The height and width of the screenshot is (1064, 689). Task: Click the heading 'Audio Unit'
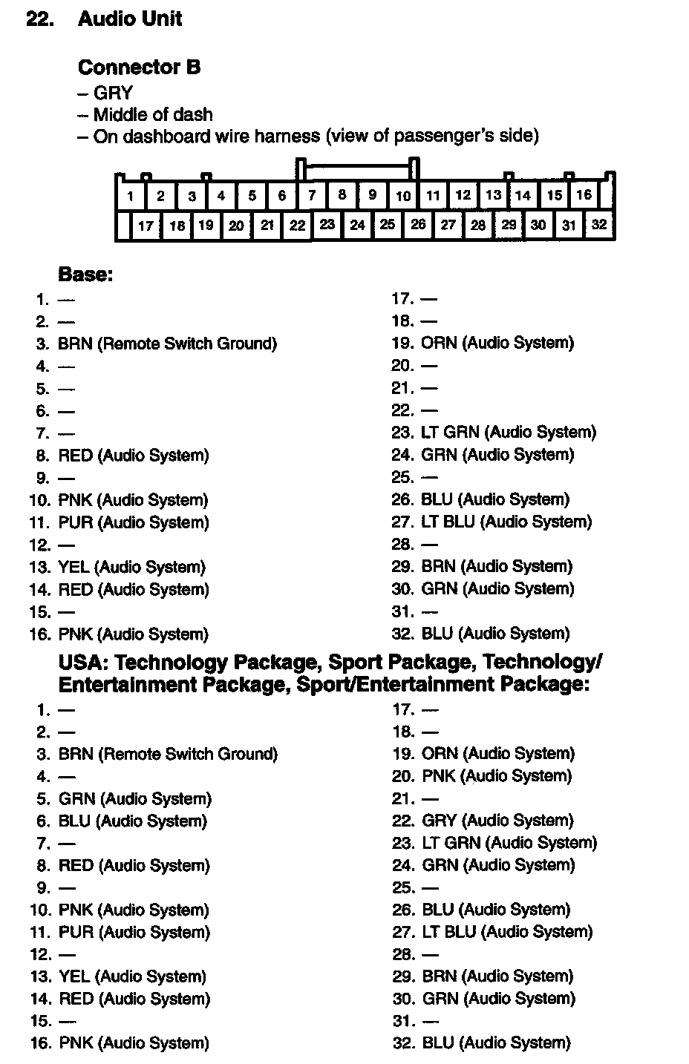pyautogui.click(x=129, y=19)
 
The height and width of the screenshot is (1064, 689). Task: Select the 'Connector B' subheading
pyautogui.click(x=139, y=68)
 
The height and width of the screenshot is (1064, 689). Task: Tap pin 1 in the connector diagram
pyautogui.click(x=131, y=197)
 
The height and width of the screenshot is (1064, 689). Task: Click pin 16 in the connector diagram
pyautogui.click(x=584, y=195)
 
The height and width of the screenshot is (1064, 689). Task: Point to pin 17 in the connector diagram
pyautogui.click(x=146, y=226)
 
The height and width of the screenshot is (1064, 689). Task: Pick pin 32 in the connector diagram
pyautogui.click(x=599, y=225)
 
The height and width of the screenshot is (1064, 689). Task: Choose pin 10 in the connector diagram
pyautogui.click(x=403, y=196)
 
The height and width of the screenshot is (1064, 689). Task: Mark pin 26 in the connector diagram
pyautogui.click(x=418, y=224)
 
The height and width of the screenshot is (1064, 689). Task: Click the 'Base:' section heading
pyautogui.click(x=85, y=275)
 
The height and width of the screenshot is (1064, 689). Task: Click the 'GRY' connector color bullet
pyautogui.click(x=113, y=93)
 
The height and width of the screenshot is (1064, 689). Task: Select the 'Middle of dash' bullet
pyautogui.click(x=153, y=115)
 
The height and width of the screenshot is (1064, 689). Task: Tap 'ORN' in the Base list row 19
pyautogui.click(x=439, y=343)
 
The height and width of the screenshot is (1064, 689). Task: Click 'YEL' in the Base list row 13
pyautogui.click(x=74, y=568)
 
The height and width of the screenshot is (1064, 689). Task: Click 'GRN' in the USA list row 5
pyautogui.click(x=77, y=799)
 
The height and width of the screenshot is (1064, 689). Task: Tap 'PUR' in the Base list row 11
pyautogui.click(x=76, y=522)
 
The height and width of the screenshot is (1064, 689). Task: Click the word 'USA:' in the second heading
pyautogui.click(x=83, y=662)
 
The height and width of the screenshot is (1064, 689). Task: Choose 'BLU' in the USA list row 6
pyautogui.click(x=74, y=821)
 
